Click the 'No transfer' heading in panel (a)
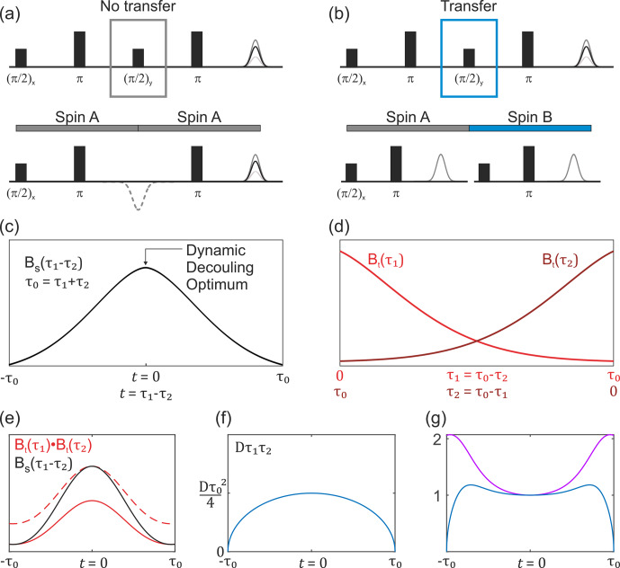[138, 6]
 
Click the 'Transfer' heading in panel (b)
[468, 6]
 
